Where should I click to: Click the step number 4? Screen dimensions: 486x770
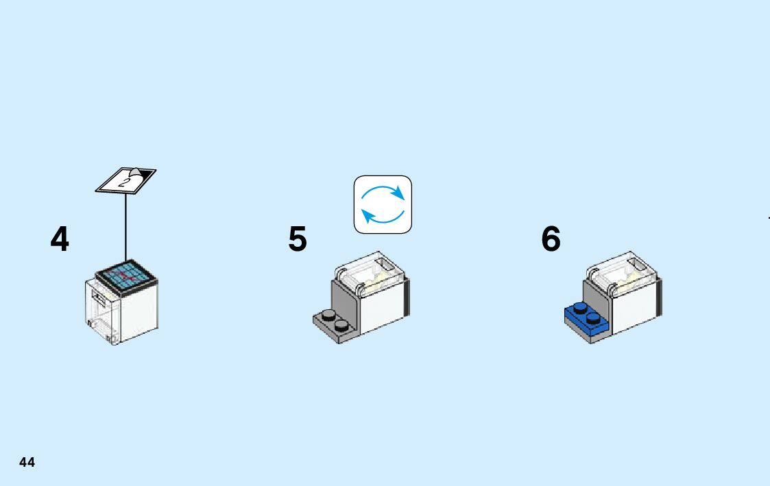(60, 239)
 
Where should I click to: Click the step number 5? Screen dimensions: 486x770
(298, 239)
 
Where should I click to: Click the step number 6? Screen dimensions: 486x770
(551, 239)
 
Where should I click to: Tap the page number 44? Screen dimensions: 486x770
(27, 462)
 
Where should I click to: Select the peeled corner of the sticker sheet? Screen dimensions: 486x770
(136, 172)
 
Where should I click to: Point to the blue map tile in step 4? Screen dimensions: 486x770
(126, 276)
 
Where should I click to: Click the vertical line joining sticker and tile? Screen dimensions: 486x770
(125, 226)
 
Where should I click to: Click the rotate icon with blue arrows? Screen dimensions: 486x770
(383, 204)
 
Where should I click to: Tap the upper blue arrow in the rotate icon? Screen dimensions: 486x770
(385, 191)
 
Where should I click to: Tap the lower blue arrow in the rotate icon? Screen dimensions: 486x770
(380, 218)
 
